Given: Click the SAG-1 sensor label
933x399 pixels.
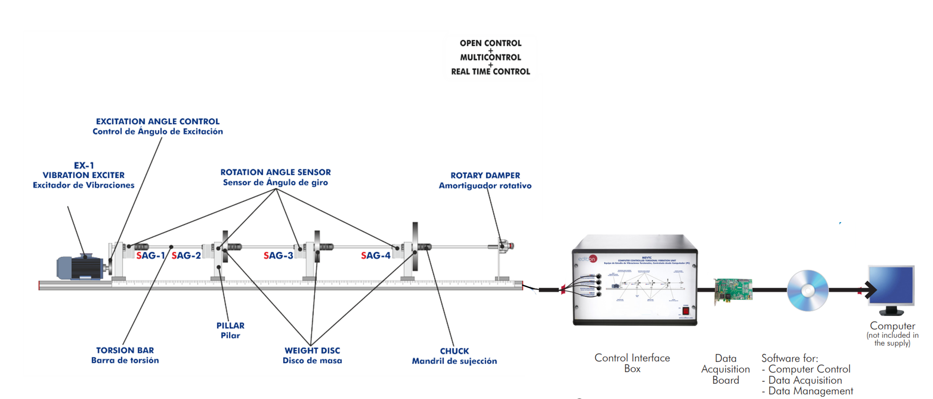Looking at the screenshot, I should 151,256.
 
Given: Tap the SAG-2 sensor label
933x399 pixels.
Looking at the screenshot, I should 186,256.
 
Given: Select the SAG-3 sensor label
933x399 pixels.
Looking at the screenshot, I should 278,256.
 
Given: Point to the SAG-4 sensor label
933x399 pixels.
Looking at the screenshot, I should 376,256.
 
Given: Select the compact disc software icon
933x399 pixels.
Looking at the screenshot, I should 808,290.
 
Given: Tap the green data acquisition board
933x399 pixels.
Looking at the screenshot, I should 733,291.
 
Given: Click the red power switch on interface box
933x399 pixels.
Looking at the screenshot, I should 686,311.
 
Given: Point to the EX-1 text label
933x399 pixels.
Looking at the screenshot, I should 84,166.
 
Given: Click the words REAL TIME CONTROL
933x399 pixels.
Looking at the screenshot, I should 491,72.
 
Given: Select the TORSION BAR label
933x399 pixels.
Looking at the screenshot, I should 125,350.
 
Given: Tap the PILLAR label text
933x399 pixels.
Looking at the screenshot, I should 230,326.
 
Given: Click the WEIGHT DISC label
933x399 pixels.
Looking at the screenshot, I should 312,350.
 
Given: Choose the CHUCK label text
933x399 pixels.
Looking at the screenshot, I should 454,351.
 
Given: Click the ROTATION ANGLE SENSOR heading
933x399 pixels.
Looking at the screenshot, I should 275,173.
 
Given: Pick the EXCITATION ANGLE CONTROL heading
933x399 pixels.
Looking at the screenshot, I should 158,122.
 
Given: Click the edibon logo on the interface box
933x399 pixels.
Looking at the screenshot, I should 587,259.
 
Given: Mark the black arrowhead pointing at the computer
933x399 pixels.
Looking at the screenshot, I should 870,290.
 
